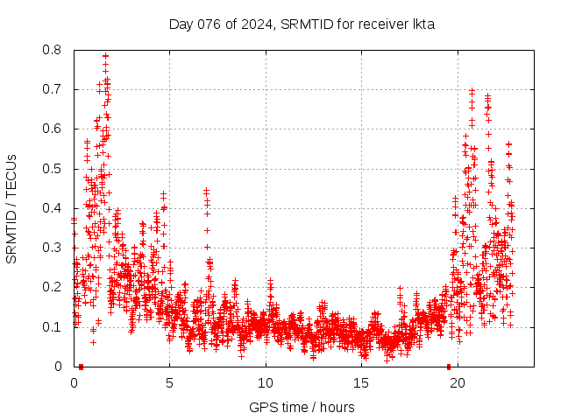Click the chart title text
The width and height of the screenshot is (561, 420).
click(x=302, y=24)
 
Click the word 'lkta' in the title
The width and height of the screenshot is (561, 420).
click(x=423, y=24)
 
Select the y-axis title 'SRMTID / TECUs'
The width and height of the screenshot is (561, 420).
click(x=11, y=208)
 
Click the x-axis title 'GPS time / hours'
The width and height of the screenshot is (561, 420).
click(x=302, y=407)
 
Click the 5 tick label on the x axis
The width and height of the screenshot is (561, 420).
click(x=170, y=382)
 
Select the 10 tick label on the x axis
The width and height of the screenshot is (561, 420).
click(x=266, y=382)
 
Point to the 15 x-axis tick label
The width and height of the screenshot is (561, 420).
click(x=361, y=382)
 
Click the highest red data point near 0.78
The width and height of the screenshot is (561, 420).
click(x=105, y=56)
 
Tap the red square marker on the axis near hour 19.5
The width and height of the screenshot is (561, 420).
click(x=449, y=366)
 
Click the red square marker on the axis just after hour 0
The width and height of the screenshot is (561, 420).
click(x=81, y=366)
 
